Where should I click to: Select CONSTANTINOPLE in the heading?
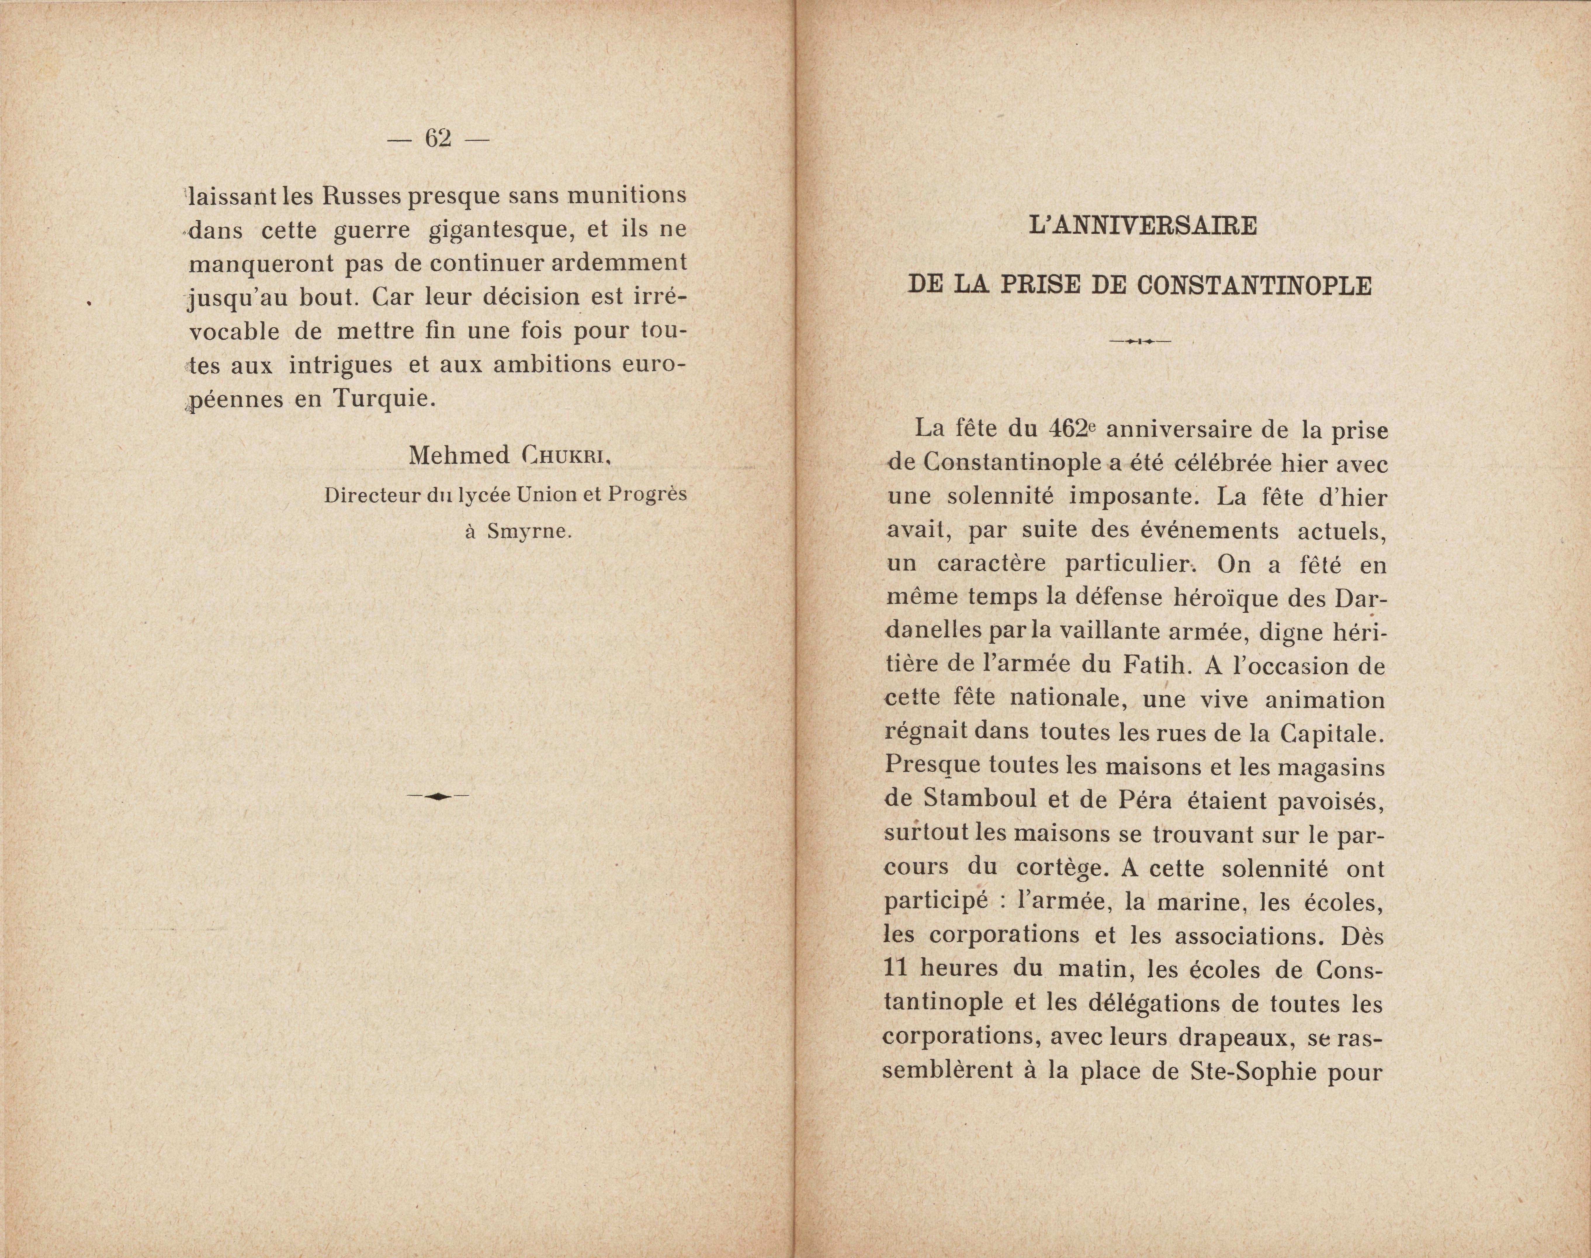(x=1254, y=285)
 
